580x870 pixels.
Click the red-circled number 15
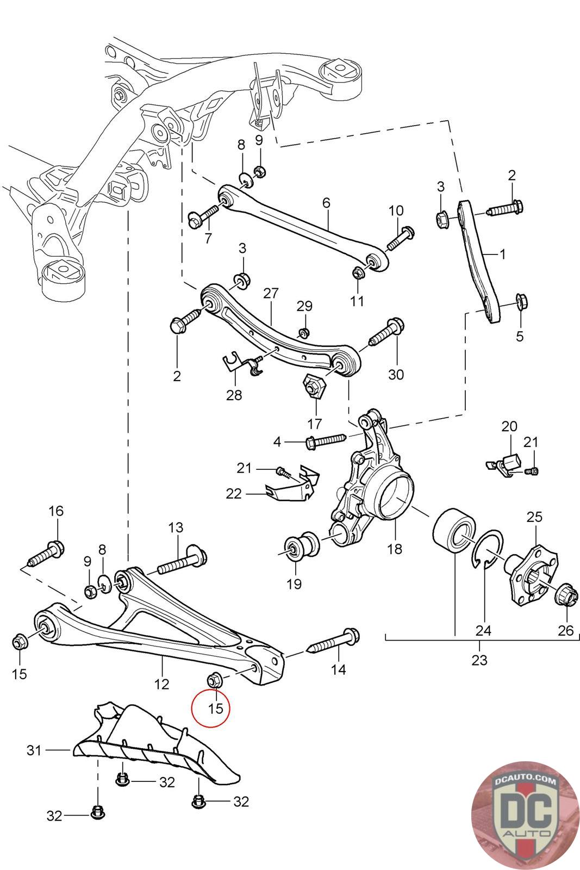(x=216, y=709)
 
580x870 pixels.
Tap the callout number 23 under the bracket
(x=479, y=661)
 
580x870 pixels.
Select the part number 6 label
(x=326, y=203)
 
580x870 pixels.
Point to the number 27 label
(x=271, y=294)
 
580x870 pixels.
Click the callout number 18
(x=395, y=549)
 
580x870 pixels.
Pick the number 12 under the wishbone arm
(x=162, y=683)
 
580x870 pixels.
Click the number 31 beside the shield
(x=34, y=750)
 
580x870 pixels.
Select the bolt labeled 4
(x=326, y=441)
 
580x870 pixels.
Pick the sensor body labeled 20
(x=511, y=462)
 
